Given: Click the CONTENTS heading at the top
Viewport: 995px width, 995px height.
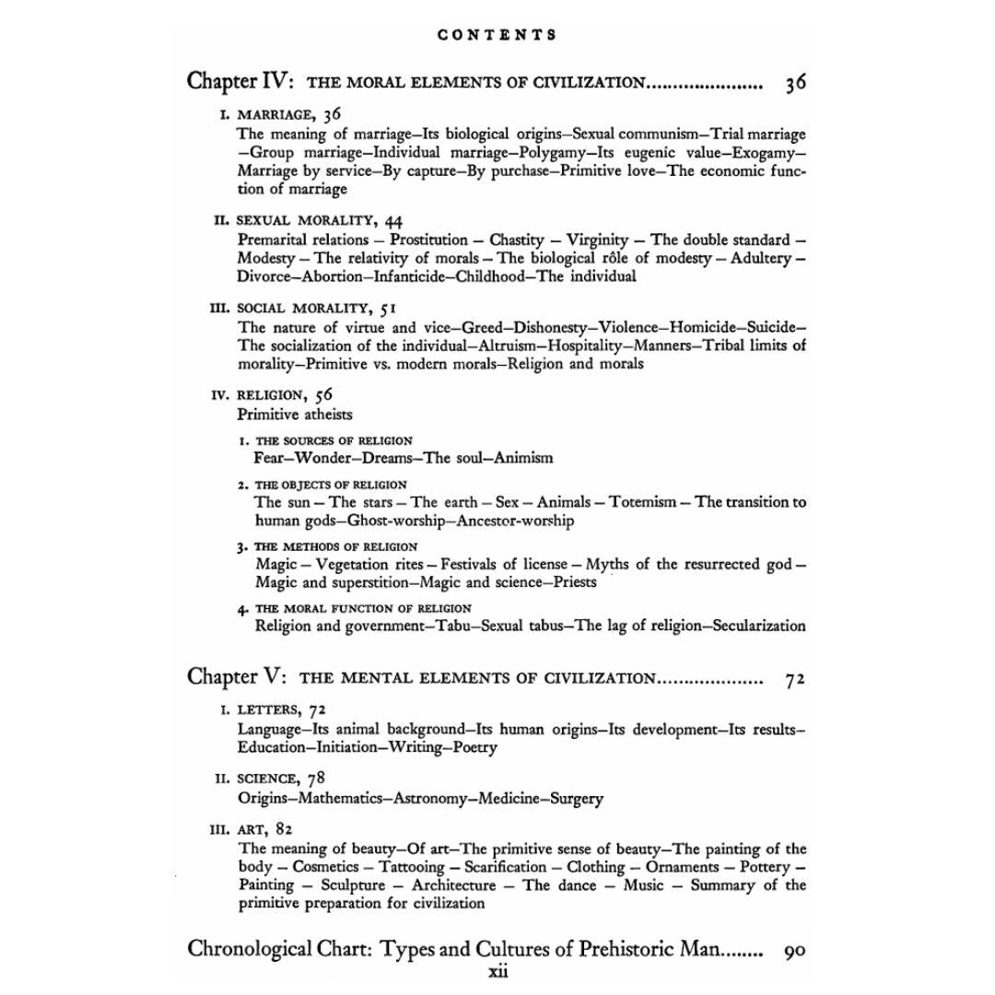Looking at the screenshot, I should click(497, 35).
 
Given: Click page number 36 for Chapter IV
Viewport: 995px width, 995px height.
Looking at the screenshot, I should click(796, 82).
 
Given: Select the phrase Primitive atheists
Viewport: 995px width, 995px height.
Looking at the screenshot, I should click(295, 414).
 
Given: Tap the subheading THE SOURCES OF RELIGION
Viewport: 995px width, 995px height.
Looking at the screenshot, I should click(334, 440).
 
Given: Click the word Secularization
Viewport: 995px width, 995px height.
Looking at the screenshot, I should click(753, 626).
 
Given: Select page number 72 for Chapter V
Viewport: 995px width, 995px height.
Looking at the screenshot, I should click(796, 679).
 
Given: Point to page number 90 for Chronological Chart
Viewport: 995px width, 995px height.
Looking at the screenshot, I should click(794, 950).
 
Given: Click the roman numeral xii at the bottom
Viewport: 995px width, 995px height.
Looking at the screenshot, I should click(497, 970).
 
